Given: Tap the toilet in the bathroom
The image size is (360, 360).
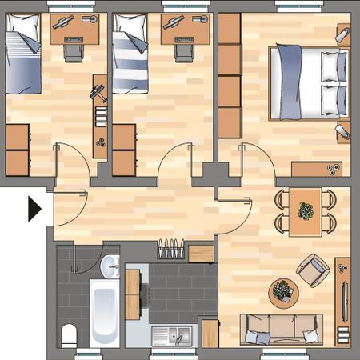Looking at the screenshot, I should (68, 334).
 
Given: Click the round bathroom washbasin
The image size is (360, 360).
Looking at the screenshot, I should (110, 264).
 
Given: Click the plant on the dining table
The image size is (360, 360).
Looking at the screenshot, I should (306, 210).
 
